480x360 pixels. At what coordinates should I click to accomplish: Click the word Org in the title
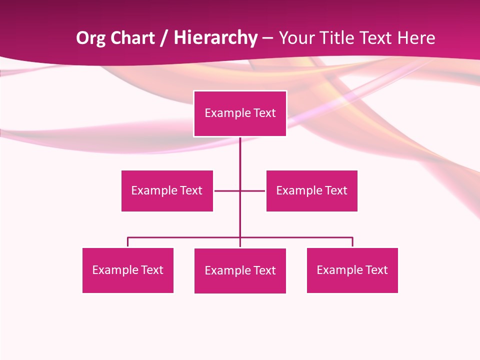tap(90, 38)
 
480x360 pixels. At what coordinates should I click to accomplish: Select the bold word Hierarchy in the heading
tap(215, 38)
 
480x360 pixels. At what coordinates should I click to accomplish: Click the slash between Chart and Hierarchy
tap(164, 38)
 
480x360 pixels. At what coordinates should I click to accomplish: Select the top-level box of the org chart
tap(240, 113)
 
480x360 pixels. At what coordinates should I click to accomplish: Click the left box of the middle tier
tap(167, 190)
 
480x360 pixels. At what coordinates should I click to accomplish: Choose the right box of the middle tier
tap(311, 190)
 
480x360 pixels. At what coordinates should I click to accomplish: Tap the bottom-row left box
tap(127, 270)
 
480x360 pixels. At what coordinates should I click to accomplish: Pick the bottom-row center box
tap(240, 270)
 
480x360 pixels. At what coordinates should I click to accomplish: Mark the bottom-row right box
tap(352, 270)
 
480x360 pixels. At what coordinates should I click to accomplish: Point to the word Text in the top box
tap(264, 113)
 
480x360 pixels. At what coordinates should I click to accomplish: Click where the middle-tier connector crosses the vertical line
tap(240, 190)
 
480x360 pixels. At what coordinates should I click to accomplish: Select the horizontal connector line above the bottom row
tap(185, 237)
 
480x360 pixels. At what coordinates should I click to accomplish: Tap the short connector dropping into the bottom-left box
tap(127, 242)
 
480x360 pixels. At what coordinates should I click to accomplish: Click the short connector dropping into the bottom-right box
tap(352, 242)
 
